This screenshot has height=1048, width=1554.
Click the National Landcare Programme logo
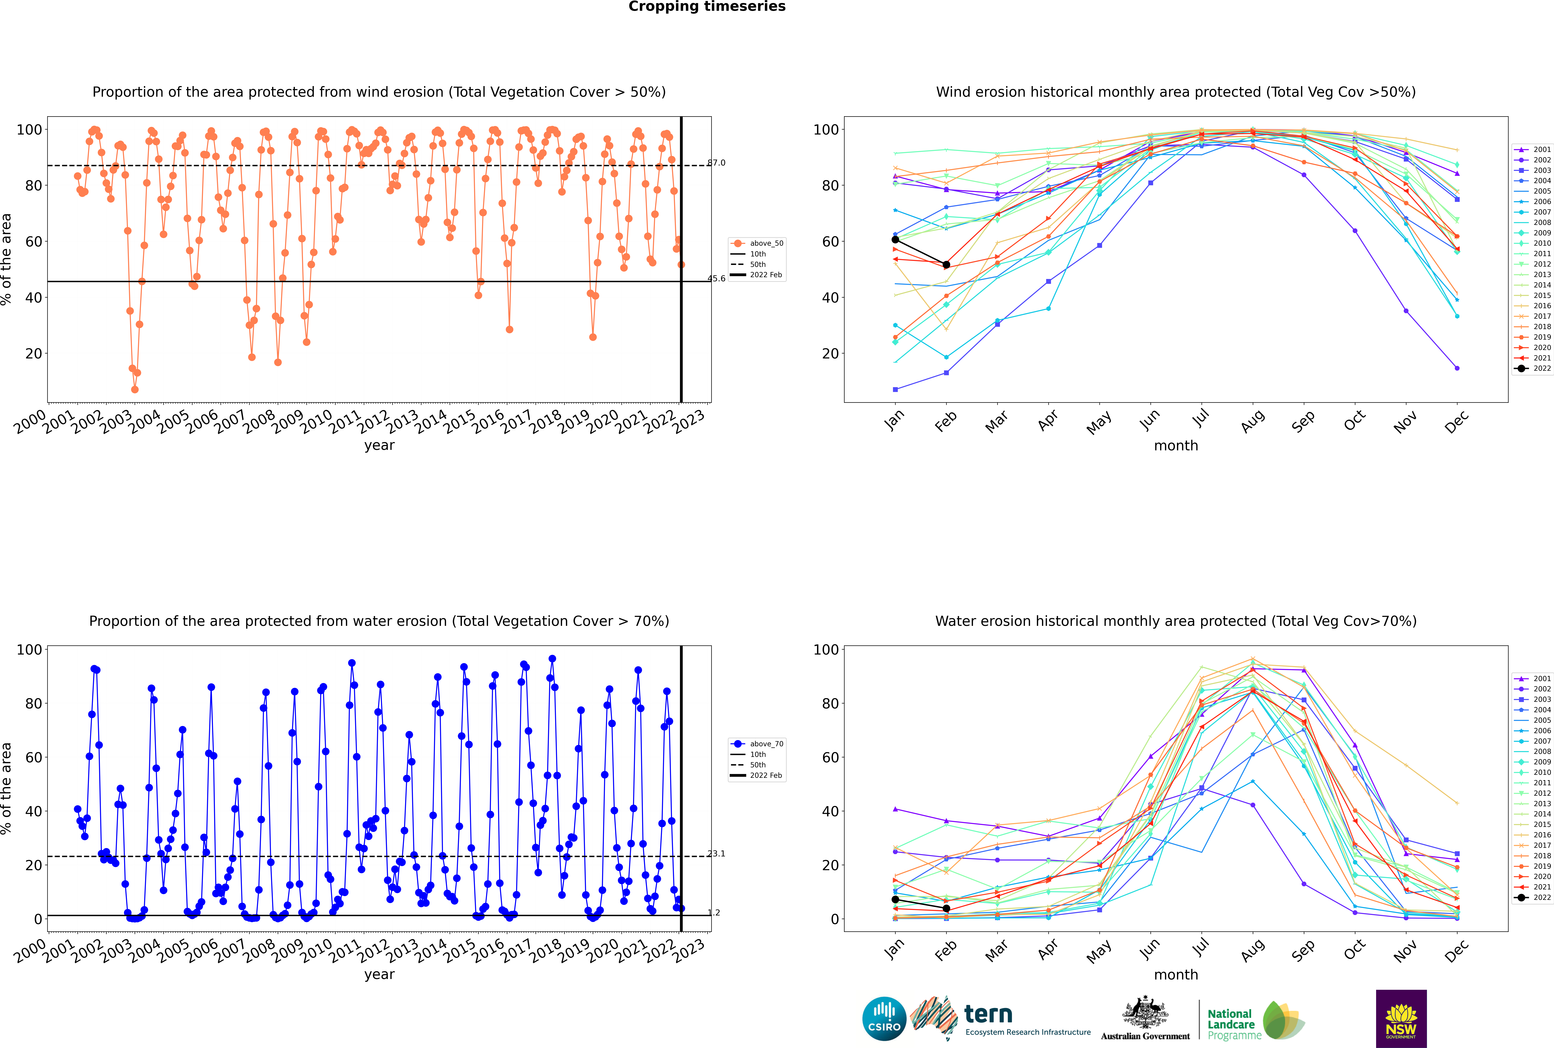(x=1255, y=1021)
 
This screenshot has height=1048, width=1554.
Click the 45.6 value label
(x=716, y=279)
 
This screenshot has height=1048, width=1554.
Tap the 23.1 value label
(x=716, y=853)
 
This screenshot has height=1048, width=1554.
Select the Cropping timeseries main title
(x=707, y=7)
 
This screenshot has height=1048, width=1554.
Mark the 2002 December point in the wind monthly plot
(x=1457, y=368)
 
